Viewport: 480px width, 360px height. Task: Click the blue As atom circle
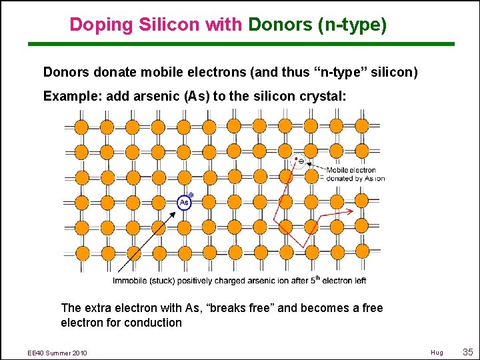[184, 202]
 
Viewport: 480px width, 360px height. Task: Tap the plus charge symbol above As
[191, 194]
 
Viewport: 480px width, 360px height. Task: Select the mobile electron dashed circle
[300, 161]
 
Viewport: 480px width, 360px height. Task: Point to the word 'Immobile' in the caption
[133, 281]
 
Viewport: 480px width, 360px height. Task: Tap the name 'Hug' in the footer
[437, 352]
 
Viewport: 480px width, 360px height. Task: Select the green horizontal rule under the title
[240, 44]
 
